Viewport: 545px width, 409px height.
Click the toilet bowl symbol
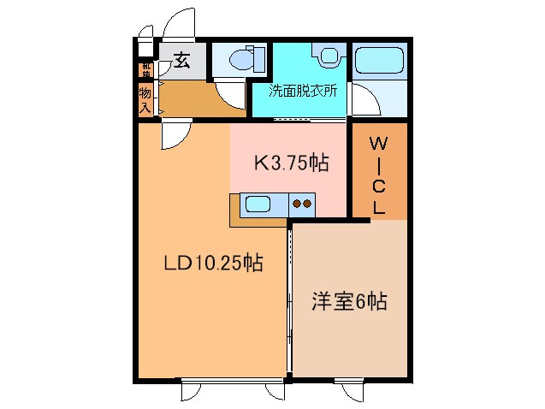(x=236, y=61)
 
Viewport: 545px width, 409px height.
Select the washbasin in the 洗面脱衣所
(x=326, y=56)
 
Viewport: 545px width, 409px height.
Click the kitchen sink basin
(x=258, y=204)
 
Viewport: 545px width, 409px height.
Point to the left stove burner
(x=296, y=204)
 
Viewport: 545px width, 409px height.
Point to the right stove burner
(x=306, y=204)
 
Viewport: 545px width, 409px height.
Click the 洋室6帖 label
(x=348, y=301)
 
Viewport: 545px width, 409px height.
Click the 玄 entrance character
(x=182, y=59)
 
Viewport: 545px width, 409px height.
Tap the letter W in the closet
(x=378, y=144)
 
